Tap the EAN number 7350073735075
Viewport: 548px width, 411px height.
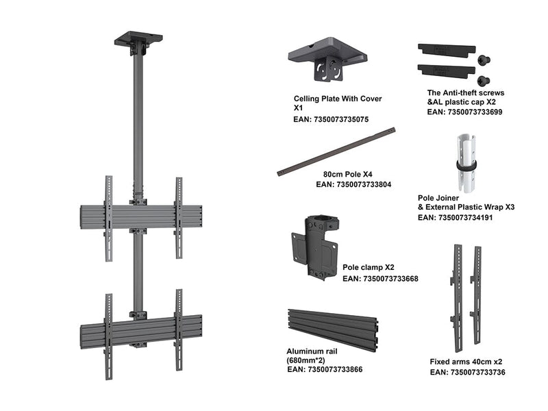(331, 119)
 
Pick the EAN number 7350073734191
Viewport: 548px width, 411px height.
(455, 217)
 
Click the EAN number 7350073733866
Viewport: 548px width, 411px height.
(325, 369)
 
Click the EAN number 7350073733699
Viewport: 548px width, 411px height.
(465, 111)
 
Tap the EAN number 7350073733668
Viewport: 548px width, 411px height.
(380, 279)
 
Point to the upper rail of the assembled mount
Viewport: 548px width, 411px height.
(140, 216)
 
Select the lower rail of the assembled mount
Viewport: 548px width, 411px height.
(140, 330)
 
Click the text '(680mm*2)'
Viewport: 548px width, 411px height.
(306, 360)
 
